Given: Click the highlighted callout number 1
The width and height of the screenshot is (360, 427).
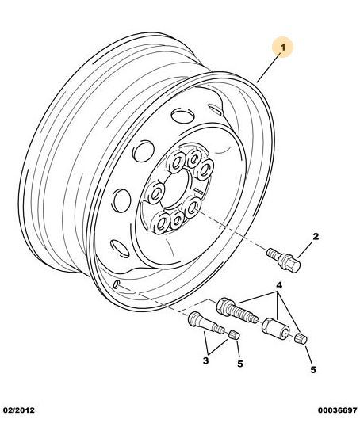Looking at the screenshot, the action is pyautogui.click(x=283, y=48).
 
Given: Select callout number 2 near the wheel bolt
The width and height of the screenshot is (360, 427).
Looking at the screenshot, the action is pyautogui.click(x=315, y=236).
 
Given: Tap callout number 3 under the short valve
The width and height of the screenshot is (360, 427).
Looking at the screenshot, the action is pyautogui.click(x=205, y=360).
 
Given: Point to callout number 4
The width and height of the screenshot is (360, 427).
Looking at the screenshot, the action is pyautogui.click(x=278, y=286).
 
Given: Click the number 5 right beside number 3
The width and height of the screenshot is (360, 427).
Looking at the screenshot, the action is pyautogui.click(x=239, y=364).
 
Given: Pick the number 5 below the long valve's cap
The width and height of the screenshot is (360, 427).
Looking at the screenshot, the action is pyautogui.click(x=313, y=370).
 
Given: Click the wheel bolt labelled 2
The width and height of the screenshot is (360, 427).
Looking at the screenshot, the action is pyautogui.click(x=283, y=259).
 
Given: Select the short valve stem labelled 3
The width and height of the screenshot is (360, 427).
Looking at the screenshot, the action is pyautogui.click(x=206, y=323).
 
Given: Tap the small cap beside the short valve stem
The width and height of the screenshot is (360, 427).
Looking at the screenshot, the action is pyautogui.click(x=234, y=334).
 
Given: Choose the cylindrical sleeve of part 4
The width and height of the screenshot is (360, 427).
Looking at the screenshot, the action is pyautogui.click(x=275, y=329).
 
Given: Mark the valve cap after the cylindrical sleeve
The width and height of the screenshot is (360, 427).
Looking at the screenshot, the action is pyautogui.click(x=301, y=339).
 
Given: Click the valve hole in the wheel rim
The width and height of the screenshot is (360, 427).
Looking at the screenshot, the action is pyautogui.click(x=117, y=284).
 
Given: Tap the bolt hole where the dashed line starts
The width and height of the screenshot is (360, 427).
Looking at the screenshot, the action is pyautogui.click(x=192, y=208).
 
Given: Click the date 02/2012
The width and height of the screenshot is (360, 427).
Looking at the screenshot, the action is pyautogui.click(x=19, y=410).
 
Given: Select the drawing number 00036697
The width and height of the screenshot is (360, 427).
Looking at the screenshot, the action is pyautogui.click(x=337, y=410).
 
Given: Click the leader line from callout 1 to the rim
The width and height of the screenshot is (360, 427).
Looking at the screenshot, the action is pyautogui.click(x=269, y=67).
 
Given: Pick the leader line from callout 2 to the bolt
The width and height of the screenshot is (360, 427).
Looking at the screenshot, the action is pyautogui.click(x=305, y=250).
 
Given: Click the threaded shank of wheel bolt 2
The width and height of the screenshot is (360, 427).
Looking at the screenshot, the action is pyautogui.click(x=274, y=254).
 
